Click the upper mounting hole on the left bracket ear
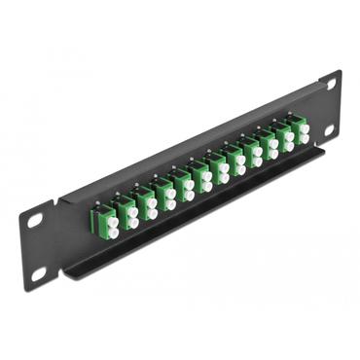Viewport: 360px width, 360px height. tap(35, 221)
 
